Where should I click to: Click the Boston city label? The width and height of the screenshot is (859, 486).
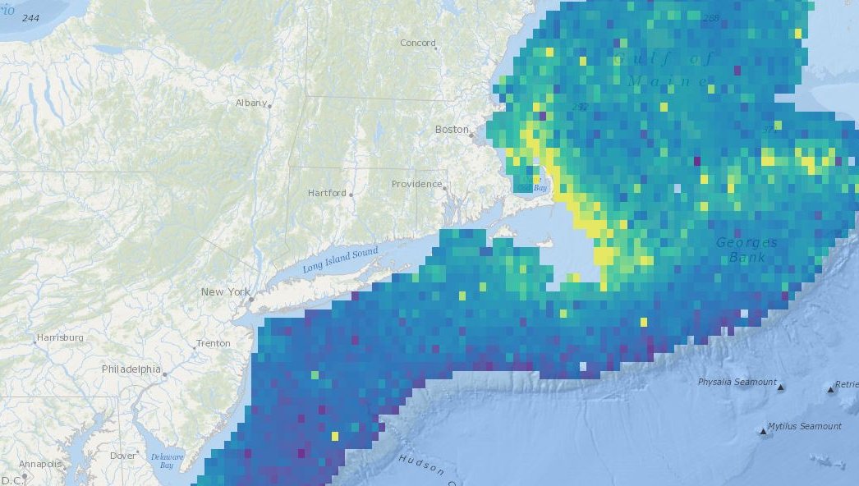[x=452, y=130]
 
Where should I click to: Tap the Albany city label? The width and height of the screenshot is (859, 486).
[x=250, y=103]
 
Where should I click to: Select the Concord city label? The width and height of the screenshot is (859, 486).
[x=417, y=43]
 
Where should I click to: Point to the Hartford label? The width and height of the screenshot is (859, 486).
[x=326, y=193]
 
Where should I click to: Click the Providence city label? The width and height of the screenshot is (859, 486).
[x=416, y=184]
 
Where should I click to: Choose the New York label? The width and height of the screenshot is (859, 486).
[x=225, y=292]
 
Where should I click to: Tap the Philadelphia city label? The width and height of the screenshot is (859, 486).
[x=131, y=369]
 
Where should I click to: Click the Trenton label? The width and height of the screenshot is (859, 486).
[x=213, y=344]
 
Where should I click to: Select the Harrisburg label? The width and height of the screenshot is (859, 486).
[x=60, y=337]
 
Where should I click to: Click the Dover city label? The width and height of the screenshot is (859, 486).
[x=123, y=456]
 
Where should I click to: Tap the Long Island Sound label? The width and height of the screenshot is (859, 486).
[x=340, y=259]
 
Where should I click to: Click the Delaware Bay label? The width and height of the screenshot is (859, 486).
[x=168, y=461]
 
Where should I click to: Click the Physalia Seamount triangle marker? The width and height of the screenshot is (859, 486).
[x=781, y=387]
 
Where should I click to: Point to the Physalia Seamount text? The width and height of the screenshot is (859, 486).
[x=737, y=382]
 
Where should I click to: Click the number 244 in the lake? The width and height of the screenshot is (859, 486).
[x=32, y=17]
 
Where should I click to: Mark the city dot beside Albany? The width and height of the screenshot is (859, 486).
[x=269, y=106]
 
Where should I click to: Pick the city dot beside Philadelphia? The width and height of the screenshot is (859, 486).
[x=164, y=374]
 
